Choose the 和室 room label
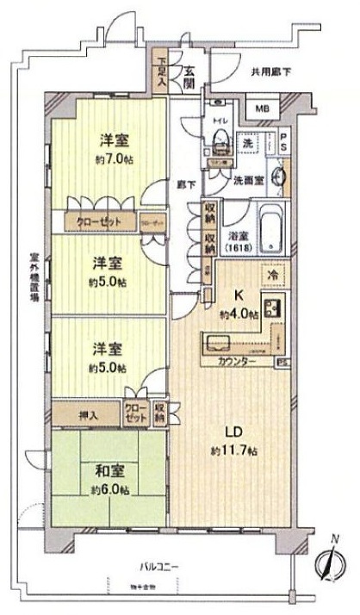pyautogui.click(x=109, y=471)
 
